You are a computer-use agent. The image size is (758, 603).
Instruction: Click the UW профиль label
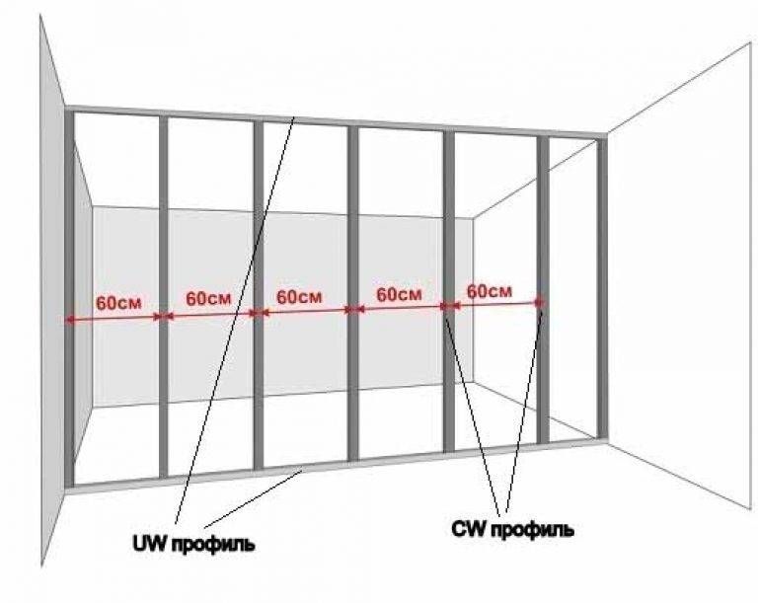point(193,544)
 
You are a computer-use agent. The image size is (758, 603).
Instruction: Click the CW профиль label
point(513,529)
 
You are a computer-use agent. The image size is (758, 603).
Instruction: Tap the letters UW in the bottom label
point(150,543)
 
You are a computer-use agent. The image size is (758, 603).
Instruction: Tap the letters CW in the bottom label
point(469,528)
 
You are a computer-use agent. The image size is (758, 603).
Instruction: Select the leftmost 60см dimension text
point(118,303)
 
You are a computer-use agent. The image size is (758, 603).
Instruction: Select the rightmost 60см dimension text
point(490,291)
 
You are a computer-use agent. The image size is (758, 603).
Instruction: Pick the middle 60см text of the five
point(299,296)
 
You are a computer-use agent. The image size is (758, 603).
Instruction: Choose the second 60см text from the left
point(209,298)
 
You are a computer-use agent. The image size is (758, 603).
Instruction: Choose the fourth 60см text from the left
point(400,293)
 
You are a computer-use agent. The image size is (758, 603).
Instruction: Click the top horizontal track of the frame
point(336,120)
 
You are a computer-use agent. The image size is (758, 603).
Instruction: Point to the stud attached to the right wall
point(602,289)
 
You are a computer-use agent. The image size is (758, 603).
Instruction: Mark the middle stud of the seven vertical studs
point(353,293)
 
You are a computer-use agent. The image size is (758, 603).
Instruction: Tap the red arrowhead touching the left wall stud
point(70,319)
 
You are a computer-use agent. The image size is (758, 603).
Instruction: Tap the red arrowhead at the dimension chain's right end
point(539,303)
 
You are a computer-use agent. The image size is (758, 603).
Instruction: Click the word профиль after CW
point(533,530)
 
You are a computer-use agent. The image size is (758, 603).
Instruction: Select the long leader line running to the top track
point(235,319)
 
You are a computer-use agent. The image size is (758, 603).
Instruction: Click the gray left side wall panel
point(52,290)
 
